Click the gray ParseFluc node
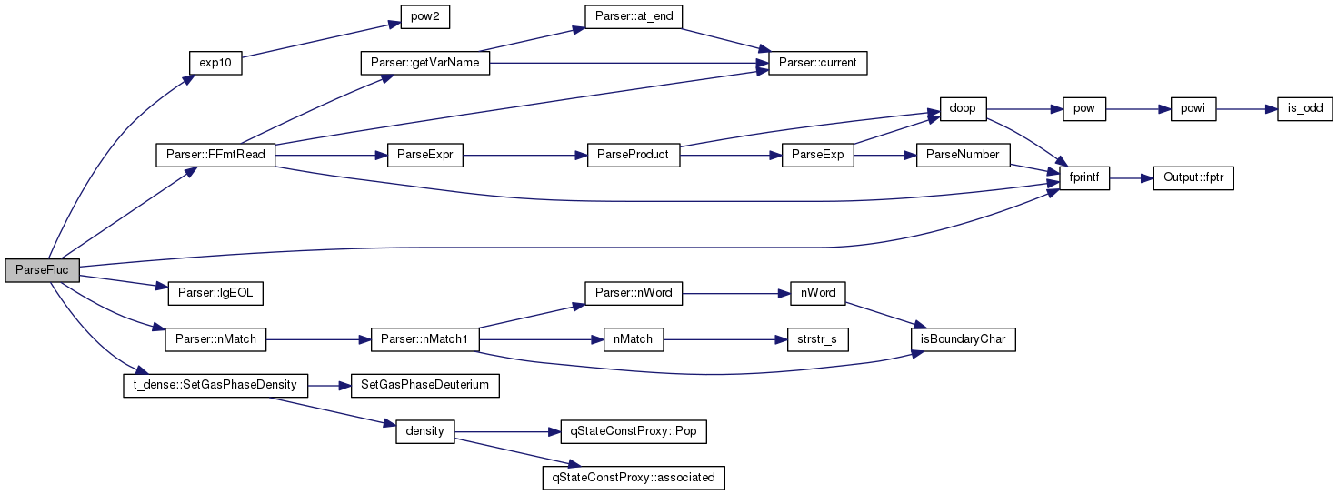[x=42, y=270]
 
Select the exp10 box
[x=215, y=63]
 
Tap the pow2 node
[x=425, y=16]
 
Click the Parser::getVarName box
[x=425, y=63]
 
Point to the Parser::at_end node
[x=634, y=16]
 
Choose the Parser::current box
[x=818, y=63]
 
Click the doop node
[x=963, y=109]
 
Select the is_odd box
[x=1305, y=109]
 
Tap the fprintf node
[x=1084, y=178]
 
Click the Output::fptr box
[x=1193, y=178]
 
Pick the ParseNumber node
[x=963, y=155]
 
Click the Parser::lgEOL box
[x=215, y=293]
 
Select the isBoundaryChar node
[x=963, y=339]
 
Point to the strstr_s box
[x=818, y=339]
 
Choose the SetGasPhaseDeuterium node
[x=425, y=386]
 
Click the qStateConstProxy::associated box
[x=634, y=478]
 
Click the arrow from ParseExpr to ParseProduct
[x=525, y=156]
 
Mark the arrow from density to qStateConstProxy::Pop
[x=508, y=431]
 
